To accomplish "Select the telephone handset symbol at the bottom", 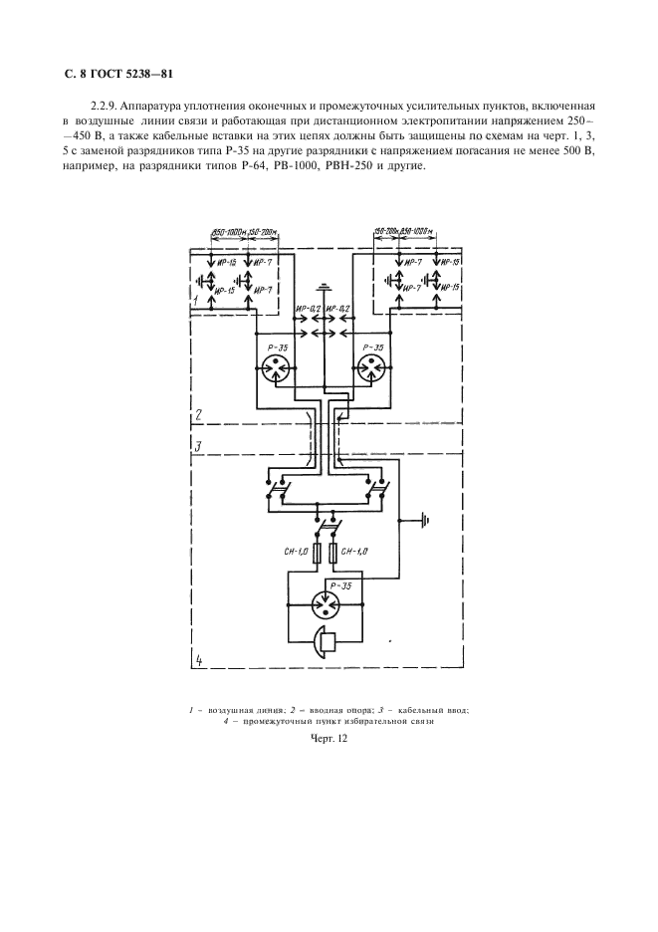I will pyautogui.click(x=325, y=642).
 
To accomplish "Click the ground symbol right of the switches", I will pyautogui.click(x=426, y=519).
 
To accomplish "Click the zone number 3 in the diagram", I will pyautogui.click(x=198, y=445).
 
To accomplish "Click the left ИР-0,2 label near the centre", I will pyautogui.click(x=308, y=310).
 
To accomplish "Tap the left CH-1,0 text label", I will pyautogui.click(x=297, y=551).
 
